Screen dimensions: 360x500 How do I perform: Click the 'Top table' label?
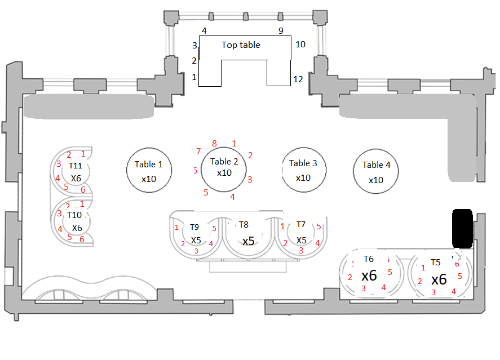click(x=241, y=45)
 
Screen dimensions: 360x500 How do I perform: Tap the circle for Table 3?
click(x=303, y=170)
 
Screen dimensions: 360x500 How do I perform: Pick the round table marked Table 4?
click(x=375, y=171)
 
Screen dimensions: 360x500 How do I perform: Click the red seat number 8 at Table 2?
click(x=214, y=144)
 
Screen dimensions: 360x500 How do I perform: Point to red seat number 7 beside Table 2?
click(x=198, y=151)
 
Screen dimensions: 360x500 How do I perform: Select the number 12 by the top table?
click(x=298, y=79)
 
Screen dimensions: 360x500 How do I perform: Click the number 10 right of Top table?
click(x=300, y=44)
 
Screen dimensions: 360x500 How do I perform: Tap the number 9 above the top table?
click(x=281, y=30)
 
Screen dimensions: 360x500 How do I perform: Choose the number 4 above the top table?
click(x=204, y=30)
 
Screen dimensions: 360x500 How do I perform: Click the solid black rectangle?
click(x=462, y=228)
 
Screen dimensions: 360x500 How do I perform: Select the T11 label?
click(x=76, y=166)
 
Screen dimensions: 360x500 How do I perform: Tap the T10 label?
click(x=74, y=215)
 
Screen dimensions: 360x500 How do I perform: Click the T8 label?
click(x=244, y=225)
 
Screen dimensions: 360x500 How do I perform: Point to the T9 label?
click(x=194, y=227)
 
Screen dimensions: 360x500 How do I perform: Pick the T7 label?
click(x=301, y=225)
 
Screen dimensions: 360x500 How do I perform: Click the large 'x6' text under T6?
click(x=369, y=275)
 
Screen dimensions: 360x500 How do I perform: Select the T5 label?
click(x=436, y=263)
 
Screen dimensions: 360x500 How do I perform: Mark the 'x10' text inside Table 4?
click(x=375, y=180)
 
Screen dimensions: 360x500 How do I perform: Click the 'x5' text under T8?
click(x=249, y=241)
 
